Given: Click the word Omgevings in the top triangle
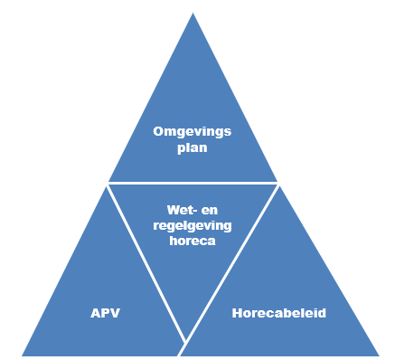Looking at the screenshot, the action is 192,132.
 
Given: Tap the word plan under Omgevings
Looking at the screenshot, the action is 192,148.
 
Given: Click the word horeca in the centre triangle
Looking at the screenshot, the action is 192,242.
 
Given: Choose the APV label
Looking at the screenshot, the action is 105,314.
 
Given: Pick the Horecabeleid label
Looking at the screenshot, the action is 279,314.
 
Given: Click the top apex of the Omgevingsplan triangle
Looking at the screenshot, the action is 193,14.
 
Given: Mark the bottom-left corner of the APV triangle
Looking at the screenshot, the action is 23,355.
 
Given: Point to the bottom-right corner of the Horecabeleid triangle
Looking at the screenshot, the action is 378,355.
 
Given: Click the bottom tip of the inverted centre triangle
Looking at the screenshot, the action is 186,342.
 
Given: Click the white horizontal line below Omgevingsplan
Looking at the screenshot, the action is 193,183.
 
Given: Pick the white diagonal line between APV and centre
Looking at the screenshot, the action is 147,262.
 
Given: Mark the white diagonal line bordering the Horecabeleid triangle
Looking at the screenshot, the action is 231,263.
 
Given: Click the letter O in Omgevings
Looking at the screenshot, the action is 157,132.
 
